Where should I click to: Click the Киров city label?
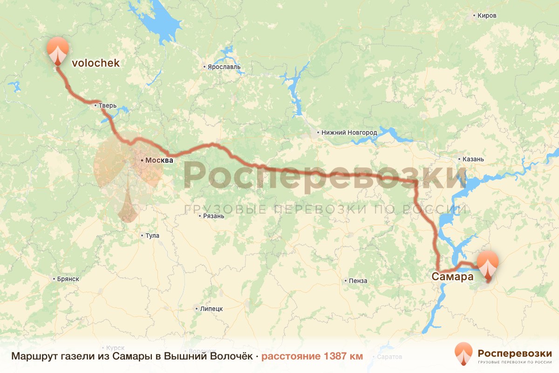[x=486, y=16]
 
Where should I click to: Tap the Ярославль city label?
[x=224, y=67]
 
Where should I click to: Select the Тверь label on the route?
[x=107, y=106]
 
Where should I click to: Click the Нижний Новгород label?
[x=349, y=133]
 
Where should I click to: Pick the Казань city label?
[x=473, y=159]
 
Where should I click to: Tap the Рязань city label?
[x=214, y=216]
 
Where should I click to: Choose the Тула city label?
[x=152, y=235]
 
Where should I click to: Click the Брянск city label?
[x=68, y=279]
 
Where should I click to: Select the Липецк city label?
[x=211, y=309]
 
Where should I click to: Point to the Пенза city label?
[x=358, y=281]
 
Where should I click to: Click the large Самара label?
[x=452, y=276]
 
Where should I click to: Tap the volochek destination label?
[x=95, y=63]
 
